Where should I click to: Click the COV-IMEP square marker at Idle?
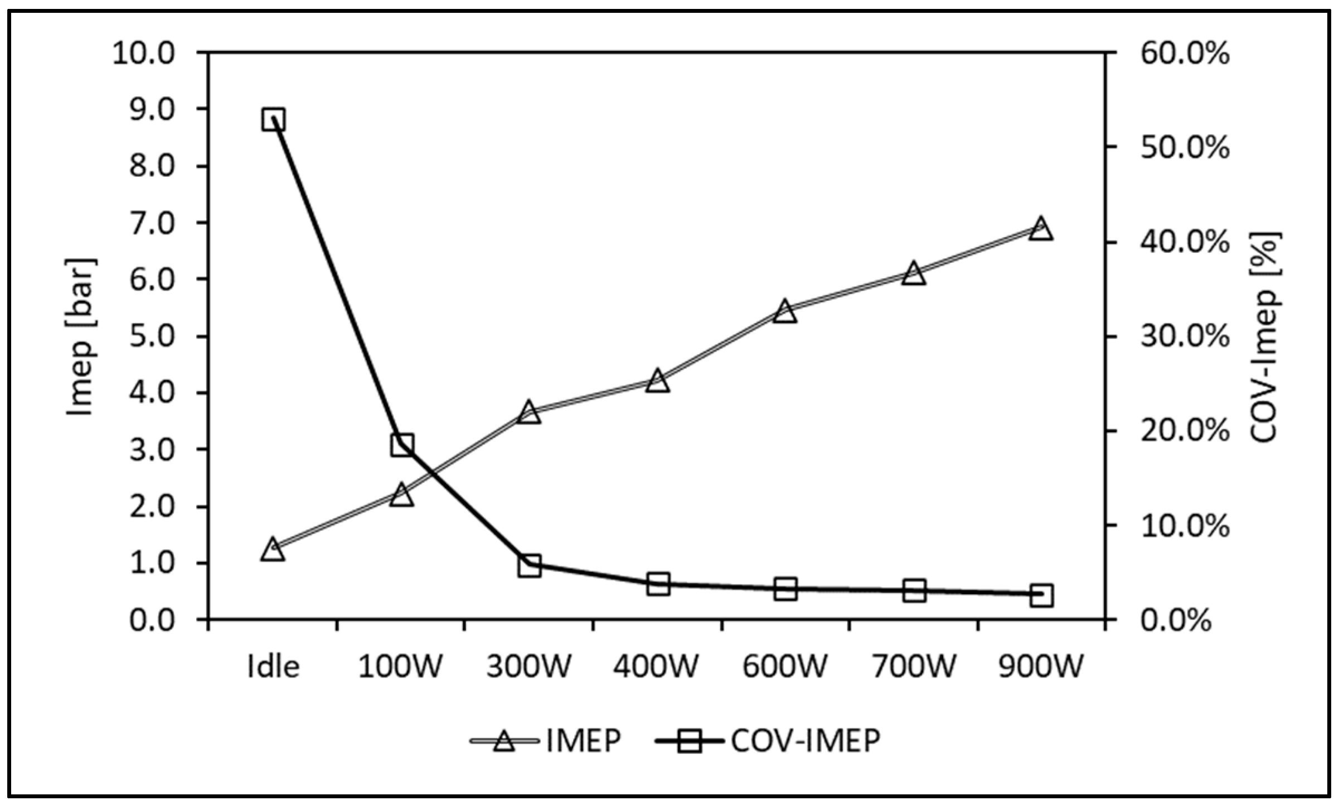(x=273, y=119)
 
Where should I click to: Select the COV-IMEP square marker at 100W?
(x=401, y=445)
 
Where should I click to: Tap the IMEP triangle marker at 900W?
(x=1041, y=229)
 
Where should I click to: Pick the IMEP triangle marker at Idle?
(x=273, y=549)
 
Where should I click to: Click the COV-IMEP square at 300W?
(x=529, y=566)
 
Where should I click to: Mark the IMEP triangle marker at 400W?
(x=658, y=382)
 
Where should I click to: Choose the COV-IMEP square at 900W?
(x=1041, y=595)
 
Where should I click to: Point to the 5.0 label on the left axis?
(x=152, y=337)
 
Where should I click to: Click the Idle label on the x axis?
(x=273, y=666)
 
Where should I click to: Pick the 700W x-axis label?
(x=914, y=666)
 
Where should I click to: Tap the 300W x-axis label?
(x=529, y=666)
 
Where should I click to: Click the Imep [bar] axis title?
(x=81, y=337)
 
